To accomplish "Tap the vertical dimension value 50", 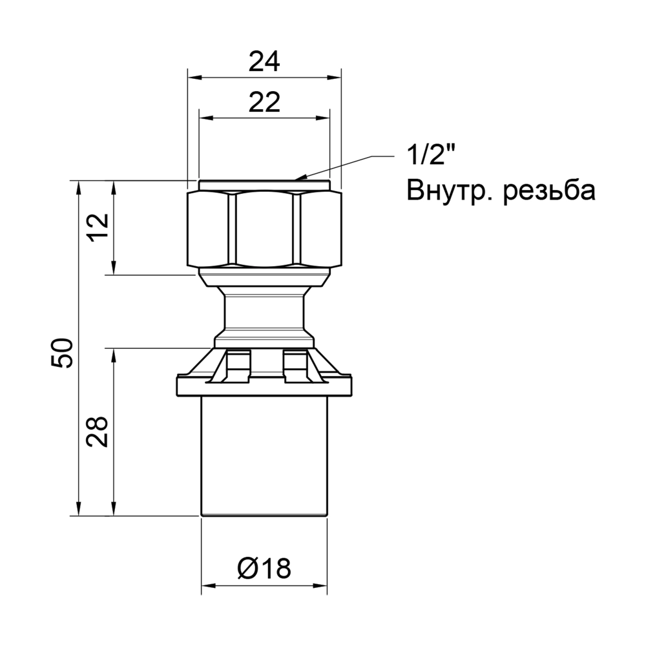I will tap(64, 352).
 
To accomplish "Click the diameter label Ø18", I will tap(264, 568).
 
